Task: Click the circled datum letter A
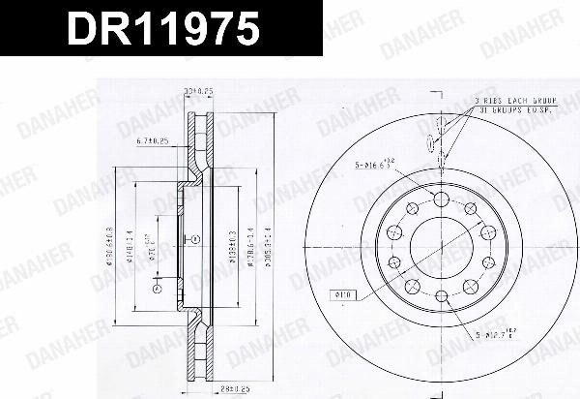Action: pos(157,288)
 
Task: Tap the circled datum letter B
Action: pos(193,237)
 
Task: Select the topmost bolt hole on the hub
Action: pos(441,199)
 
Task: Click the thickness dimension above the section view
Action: pos(198,91)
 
